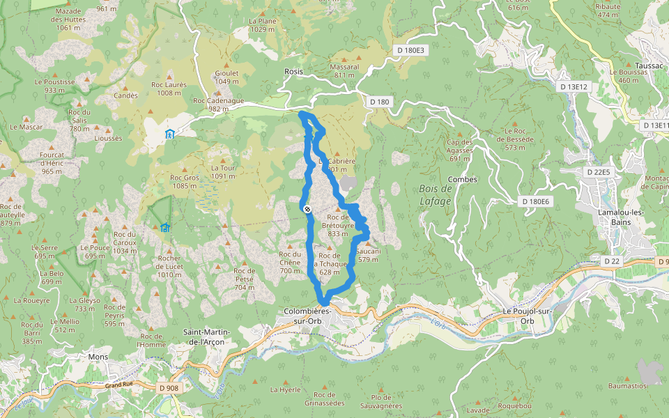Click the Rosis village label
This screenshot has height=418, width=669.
pos(294,72)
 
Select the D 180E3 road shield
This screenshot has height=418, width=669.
pos(410,50)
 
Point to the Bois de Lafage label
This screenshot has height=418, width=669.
pos(436,195)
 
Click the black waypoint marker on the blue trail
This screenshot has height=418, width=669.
pos(307,208)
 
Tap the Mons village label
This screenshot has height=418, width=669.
pos(98,357)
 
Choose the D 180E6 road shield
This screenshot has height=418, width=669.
pos(536,201)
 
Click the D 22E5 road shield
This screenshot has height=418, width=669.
pos(598,171)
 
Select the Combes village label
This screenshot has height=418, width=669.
pos(463,179)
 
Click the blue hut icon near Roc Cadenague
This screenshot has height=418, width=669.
pos(169,134)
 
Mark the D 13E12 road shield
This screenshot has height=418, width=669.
pos(574,87)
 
